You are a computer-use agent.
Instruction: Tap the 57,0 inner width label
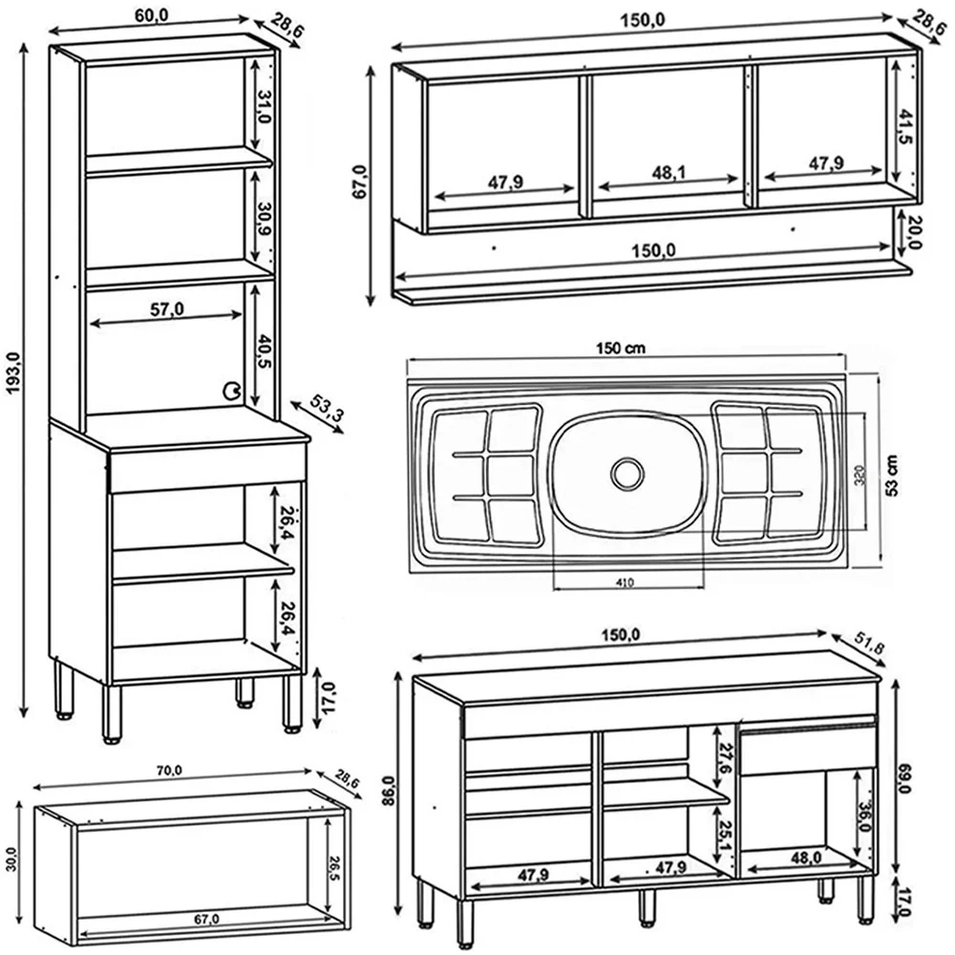[x=168, y=308]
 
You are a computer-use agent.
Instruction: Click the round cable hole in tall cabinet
[x=232, y=390]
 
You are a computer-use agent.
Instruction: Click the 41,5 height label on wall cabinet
[x=904, y=126]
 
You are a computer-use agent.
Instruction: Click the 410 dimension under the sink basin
[x=626, y=581]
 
